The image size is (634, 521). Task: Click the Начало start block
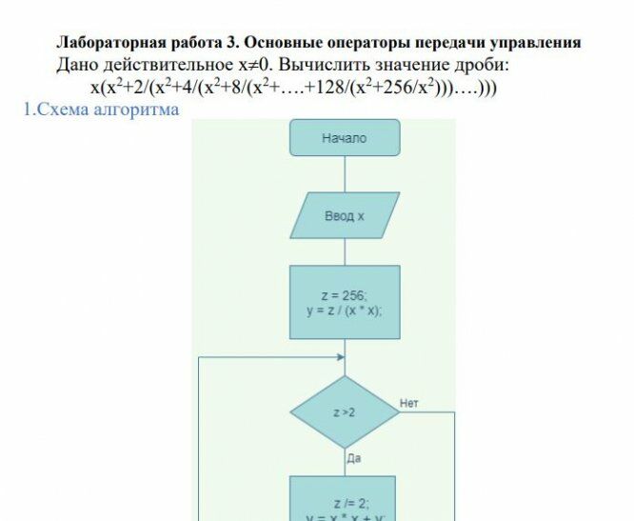pos(345,138)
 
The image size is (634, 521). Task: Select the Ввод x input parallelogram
pos(345,216)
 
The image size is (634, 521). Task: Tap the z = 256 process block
pos(345,303)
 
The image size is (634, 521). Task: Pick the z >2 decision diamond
pos(345,412)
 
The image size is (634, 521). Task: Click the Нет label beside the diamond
pos(409,404)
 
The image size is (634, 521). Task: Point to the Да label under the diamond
pos(354,459)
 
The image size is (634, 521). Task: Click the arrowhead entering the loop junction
pos(340,358)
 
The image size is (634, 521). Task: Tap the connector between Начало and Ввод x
pos(345,174)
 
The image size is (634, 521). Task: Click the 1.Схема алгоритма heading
pos(102,110)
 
